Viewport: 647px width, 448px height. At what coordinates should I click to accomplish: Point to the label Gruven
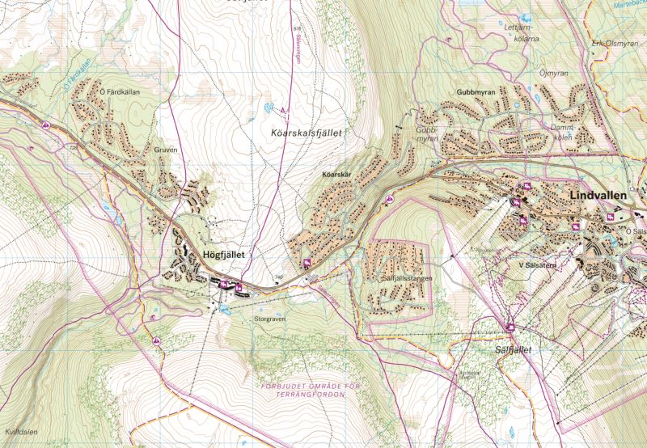[x=164, y=150]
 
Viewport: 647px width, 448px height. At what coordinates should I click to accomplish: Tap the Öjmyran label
[x=553, y=73]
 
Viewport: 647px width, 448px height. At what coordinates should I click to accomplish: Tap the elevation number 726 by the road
[x=74, y=148]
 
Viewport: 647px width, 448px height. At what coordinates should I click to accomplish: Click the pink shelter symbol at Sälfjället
[x=510, y=328]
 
